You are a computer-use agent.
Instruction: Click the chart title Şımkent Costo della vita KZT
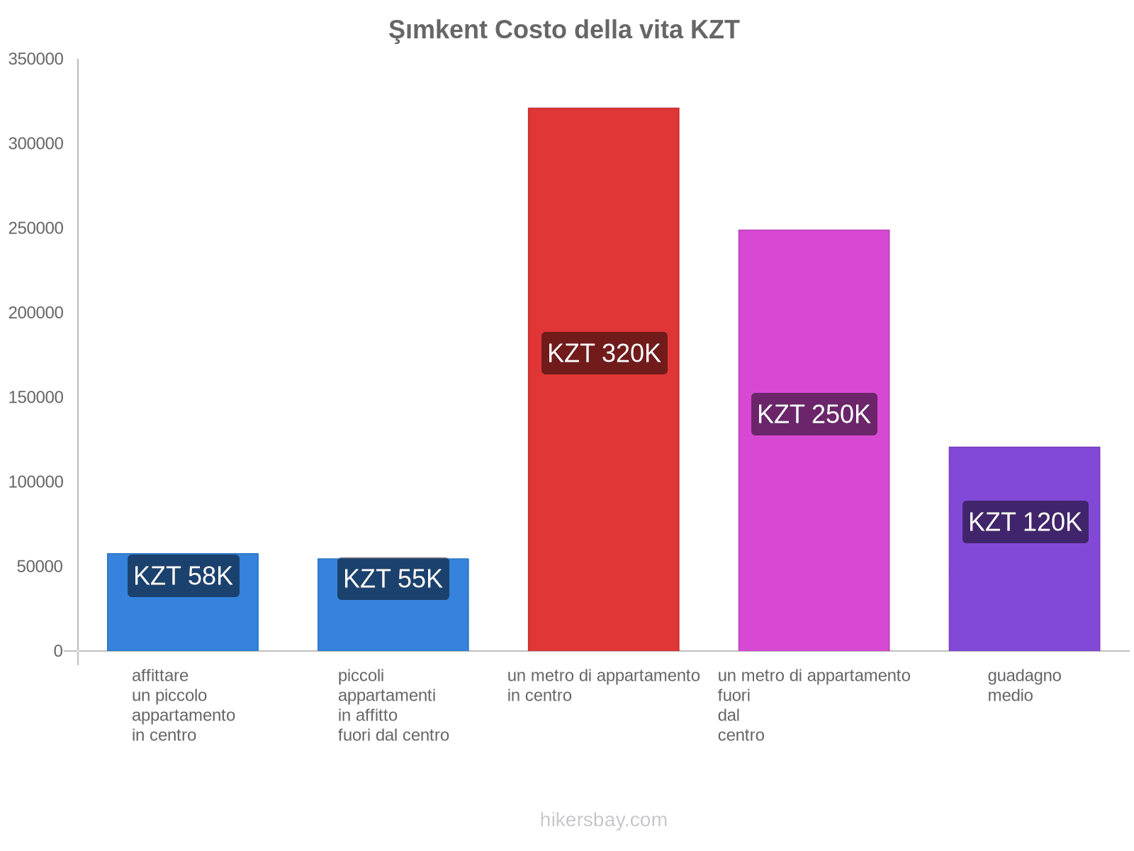pos(563,30)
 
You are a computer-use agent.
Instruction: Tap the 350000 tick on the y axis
pos(35,60)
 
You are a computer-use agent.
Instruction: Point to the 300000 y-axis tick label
pos(35,144)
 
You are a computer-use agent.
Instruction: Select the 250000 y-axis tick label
pos(35,228)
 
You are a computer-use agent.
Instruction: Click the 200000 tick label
pos(35,313)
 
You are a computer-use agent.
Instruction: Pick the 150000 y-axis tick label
pos(35,397)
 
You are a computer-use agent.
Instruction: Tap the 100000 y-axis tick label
pos(35,482)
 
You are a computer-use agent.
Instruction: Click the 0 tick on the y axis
pos(58,651)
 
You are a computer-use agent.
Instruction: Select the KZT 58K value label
pos(183,576)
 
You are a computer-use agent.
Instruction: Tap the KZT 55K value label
pos(393,579)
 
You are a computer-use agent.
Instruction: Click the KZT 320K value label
pos(604,353)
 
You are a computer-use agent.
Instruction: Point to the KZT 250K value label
pos(814,414)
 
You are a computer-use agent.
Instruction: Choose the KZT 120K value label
pos(1025,522)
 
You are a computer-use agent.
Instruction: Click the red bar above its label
pos(604,213)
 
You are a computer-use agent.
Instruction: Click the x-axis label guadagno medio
pos(1024,685)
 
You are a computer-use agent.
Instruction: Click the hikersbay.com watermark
pos(603,820)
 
